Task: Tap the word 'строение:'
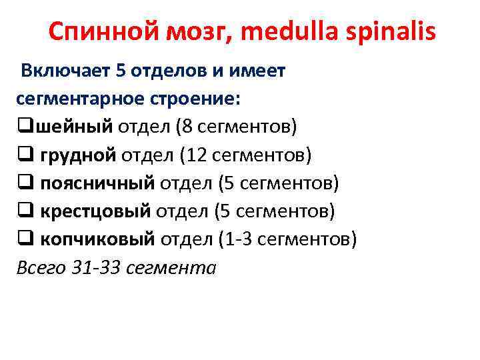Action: tap(197, 99)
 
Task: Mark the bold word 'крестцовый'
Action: tap(96, 211)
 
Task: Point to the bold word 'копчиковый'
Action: tap(97, 239)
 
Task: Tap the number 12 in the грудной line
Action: tap(197, 155)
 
